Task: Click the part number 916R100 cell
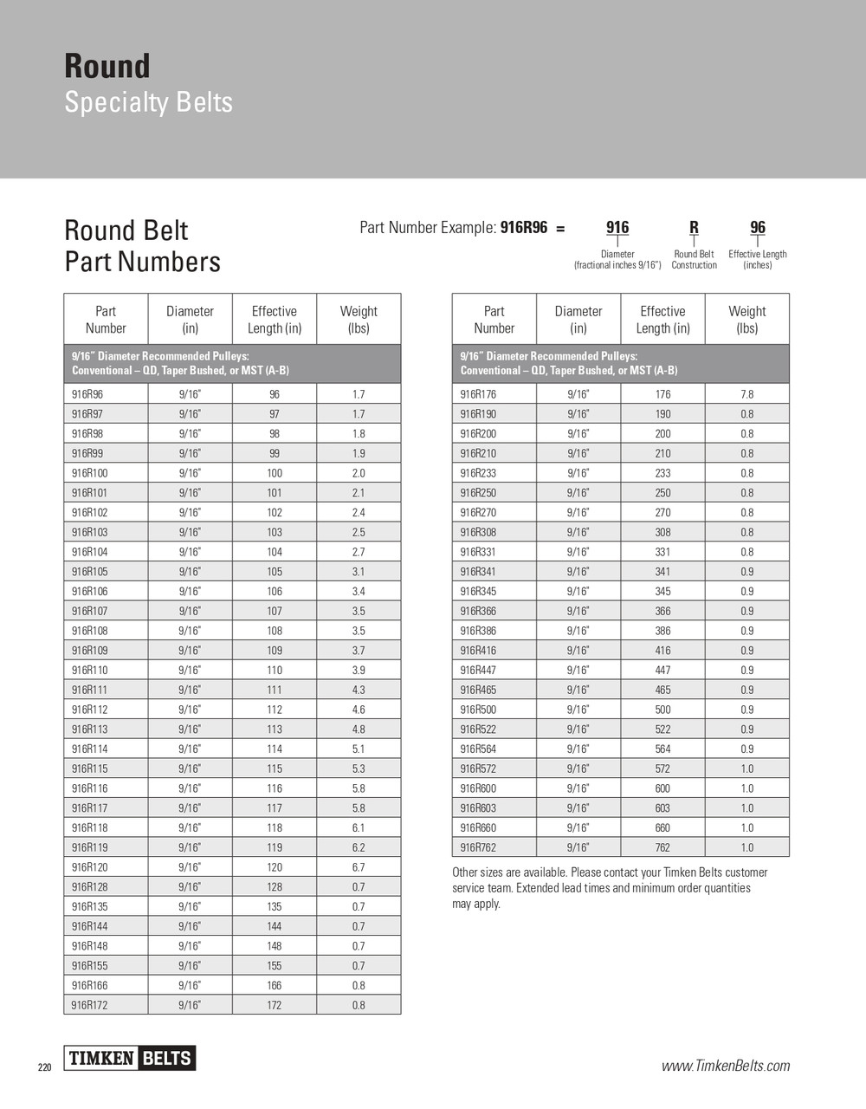coord(90,473)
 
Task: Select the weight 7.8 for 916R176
coord(746,394)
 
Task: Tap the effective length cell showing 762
coord(662,847)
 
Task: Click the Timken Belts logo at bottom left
coord(130,1058)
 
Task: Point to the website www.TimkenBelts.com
coord(726,1066)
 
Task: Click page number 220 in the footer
coord(45,1067)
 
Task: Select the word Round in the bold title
coord(107,67)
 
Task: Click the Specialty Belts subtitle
coord(149,102)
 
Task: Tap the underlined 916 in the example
coord(617,228)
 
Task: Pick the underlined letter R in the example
coord(694,228)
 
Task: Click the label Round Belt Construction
coord(694,260)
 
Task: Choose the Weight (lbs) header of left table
coord(359,320)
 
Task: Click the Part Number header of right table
coord(494,320)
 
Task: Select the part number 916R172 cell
coord(90,1005)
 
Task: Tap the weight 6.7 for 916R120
coord(359,867)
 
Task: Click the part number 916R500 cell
coord(479,710)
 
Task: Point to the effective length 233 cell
coord(662,473)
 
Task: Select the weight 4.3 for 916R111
coord(359,690)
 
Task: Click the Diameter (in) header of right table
coord(578,320)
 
